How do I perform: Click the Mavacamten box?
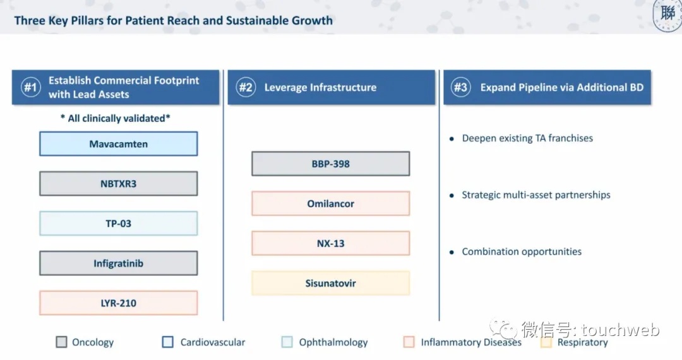point(118,144)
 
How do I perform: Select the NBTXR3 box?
point(118,184)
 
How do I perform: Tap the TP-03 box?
point(118,224)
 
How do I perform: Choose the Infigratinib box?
point(118,263)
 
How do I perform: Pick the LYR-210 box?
point(118,303)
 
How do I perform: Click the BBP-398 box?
point(330,164)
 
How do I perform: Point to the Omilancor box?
point(330,203)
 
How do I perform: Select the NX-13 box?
point(330,244)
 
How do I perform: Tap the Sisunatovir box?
point(330,283)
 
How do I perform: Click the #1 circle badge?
point(30,87)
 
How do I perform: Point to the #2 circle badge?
point(246,87)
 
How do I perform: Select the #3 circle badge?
point(460,87)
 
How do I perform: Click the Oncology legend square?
point(61,342)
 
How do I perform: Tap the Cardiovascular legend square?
point(168,342)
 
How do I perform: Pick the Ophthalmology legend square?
point(287,342)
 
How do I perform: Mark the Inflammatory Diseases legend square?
point(409,342)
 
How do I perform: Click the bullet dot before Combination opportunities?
point(452,252)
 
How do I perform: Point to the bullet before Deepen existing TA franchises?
point(452,139)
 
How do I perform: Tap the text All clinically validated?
point(116,118)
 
